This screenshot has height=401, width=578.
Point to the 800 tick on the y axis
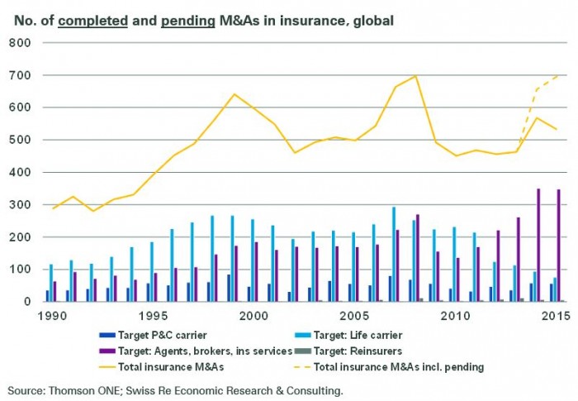(19, 43)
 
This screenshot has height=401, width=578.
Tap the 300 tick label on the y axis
(19, 205)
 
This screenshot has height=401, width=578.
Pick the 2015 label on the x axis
(555, 315)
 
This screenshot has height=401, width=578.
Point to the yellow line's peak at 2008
(415, 76)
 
